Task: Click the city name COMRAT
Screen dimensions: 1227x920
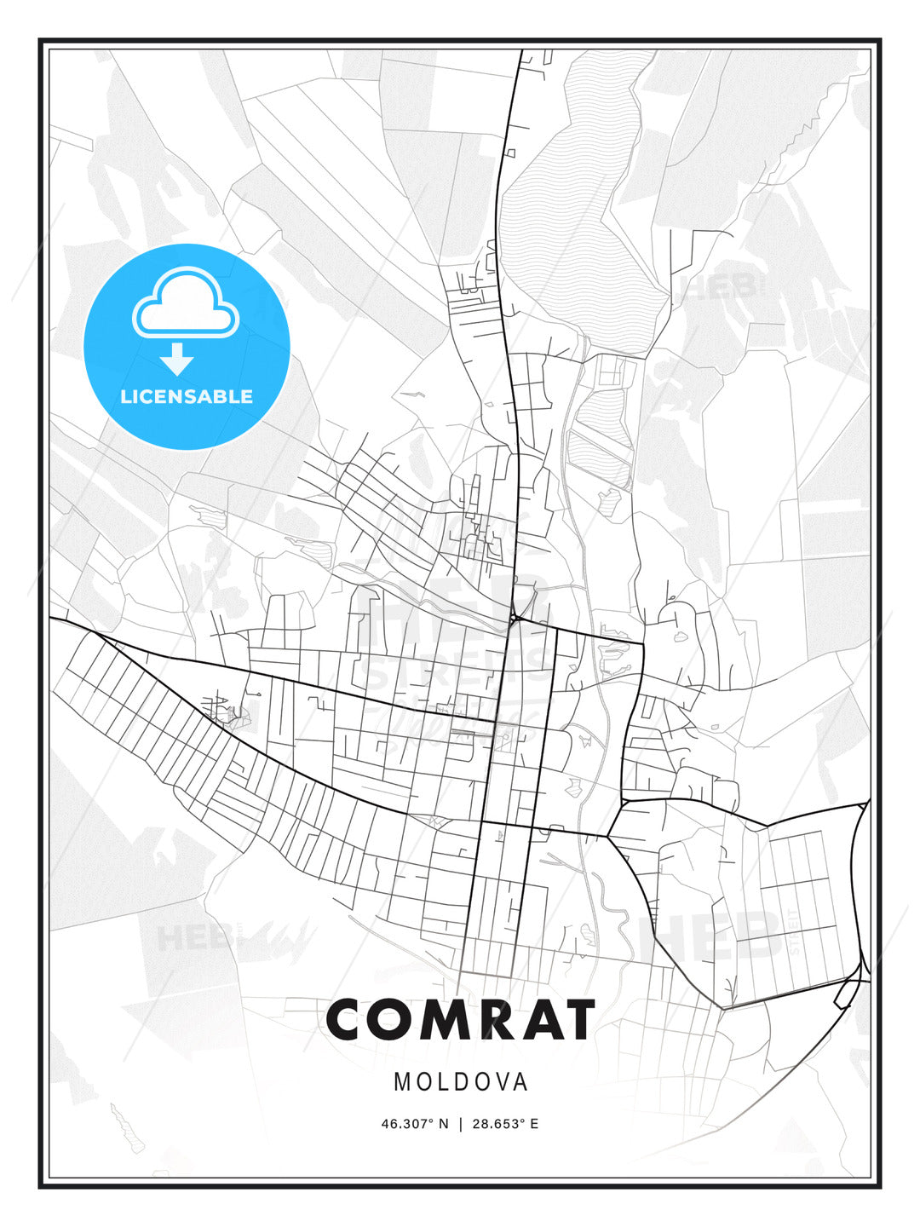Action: [460, 1020]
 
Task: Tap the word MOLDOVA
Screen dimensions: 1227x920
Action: [460, 1082]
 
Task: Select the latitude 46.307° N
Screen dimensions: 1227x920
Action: [414, 1123]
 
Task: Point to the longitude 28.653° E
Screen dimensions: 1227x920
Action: [505, 1123]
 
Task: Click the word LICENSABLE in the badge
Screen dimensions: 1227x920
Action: [187, 396]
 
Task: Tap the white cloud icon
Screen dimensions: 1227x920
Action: [185, 304]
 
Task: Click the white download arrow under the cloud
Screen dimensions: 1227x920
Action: [177, 360]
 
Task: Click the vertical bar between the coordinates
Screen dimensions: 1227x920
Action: [461, 1123]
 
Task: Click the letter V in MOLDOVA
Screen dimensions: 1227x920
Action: [497, 1082]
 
